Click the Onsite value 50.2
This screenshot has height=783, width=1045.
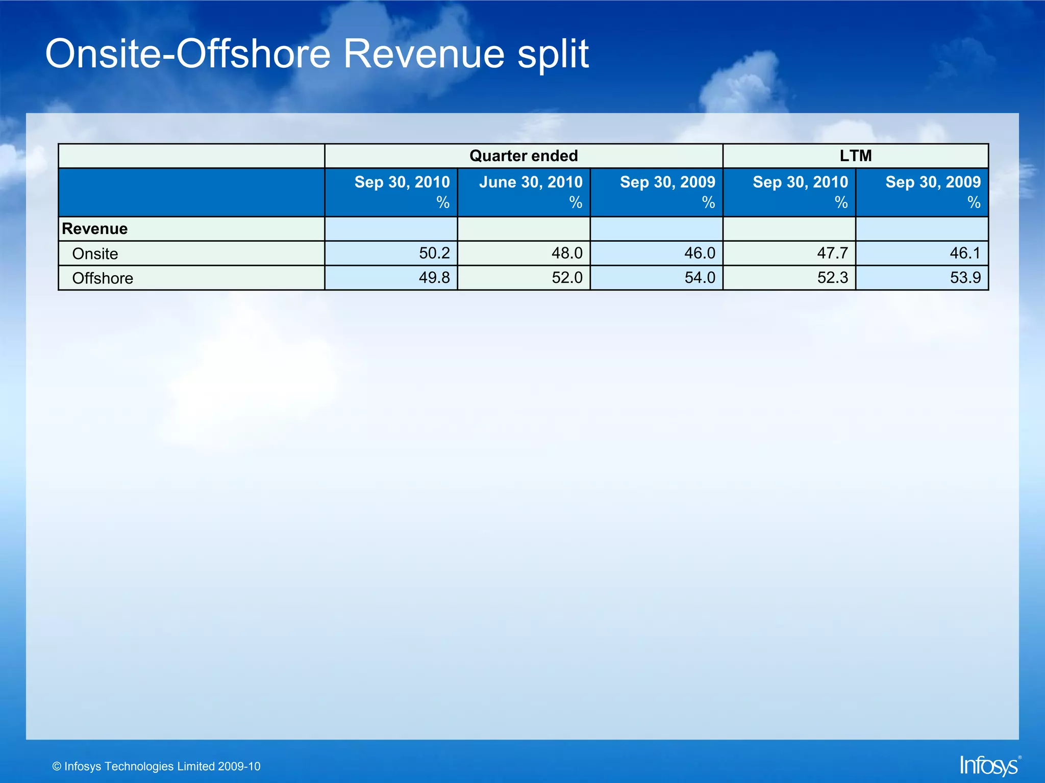434,253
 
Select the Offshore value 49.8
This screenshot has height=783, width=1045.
434,278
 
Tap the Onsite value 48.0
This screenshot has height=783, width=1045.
567,253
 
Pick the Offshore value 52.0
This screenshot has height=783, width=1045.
567,278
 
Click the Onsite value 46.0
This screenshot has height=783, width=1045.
700,253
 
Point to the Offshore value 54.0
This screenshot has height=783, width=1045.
700,278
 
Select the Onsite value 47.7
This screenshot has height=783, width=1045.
832,253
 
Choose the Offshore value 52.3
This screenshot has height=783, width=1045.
832,278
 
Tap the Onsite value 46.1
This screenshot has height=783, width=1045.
965,253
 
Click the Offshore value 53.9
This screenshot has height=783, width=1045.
965,278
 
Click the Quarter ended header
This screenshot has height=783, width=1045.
524,156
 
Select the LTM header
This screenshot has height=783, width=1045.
856,156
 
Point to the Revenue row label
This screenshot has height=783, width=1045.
95,229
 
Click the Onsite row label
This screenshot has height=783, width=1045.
95,254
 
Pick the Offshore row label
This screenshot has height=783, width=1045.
103,278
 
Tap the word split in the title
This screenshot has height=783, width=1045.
553,55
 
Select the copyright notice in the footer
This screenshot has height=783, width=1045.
157,766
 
